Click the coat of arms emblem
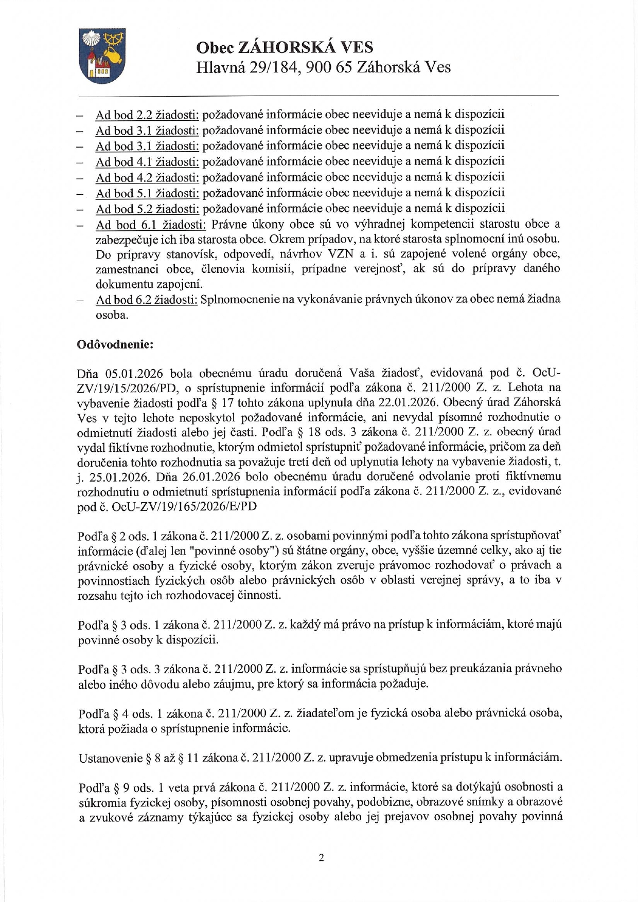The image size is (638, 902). coord(103,56)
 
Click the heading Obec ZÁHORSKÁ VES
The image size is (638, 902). coord(285,48)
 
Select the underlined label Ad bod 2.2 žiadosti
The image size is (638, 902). coord(147,115)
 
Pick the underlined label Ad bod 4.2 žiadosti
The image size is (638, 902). coord(147,177)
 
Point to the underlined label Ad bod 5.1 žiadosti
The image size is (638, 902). coord(147,193)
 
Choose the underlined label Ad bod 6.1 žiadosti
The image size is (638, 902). coord(151,225)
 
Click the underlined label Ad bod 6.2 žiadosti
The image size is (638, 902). coord(147,300)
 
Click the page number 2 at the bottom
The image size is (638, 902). coord(322,858)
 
